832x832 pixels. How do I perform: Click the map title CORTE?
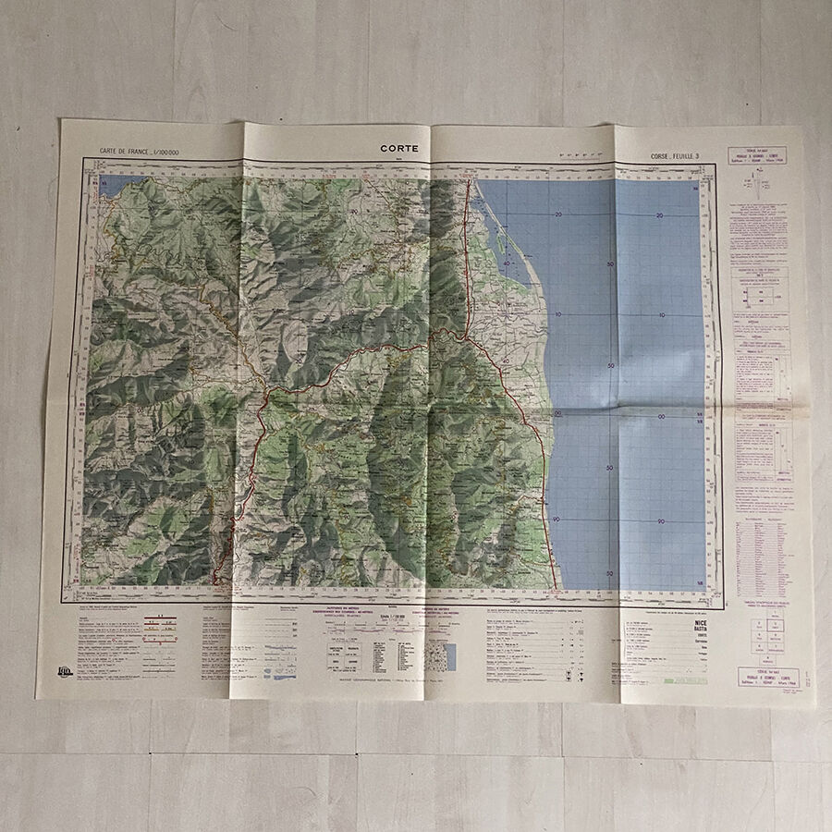point(398,148)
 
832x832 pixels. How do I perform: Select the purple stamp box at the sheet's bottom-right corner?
point(758,679)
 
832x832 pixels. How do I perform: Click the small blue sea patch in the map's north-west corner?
point(118,182)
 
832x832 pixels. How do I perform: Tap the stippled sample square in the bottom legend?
point(443,655)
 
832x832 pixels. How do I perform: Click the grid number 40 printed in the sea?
point(507,263)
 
